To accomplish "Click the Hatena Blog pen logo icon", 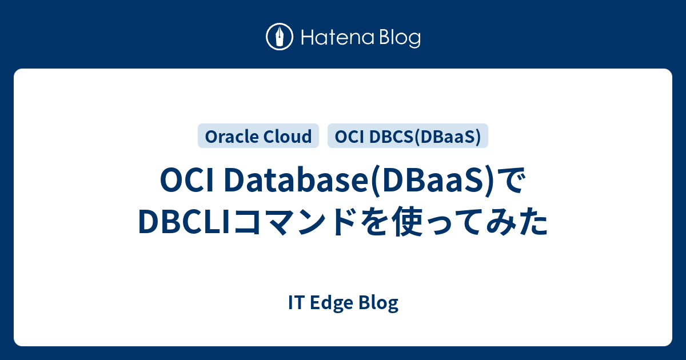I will tap(280, 38).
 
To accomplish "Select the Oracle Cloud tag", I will tap(258, 136).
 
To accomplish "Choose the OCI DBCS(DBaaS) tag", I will tap(408, 136).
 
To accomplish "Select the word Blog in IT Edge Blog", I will tap(377, 303).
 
